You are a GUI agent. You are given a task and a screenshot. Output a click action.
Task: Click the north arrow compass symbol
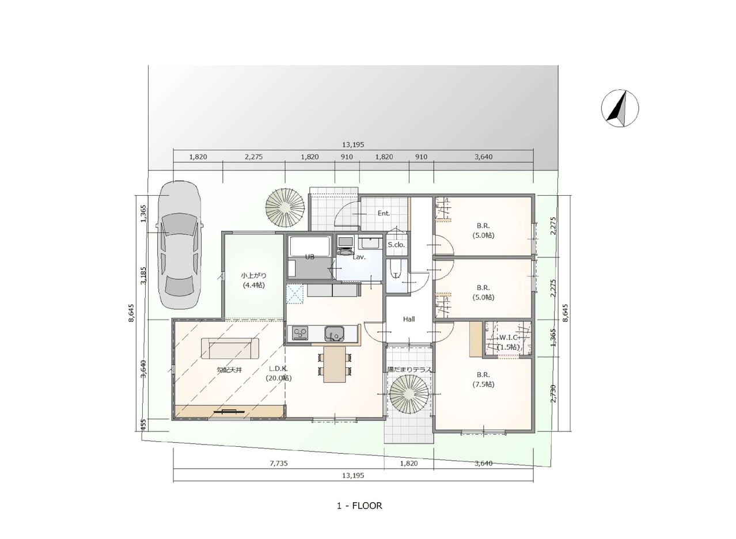(x=620, y=108)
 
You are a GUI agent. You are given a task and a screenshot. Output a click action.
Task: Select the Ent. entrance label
(x=384, y=213)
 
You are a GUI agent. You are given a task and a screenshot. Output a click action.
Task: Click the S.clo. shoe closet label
(x=396, y=245)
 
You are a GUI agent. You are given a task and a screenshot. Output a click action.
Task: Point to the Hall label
(x=409, y=319)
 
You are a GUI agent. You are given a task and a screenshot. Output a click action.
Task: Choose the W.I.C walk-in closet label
(x=509, y=337)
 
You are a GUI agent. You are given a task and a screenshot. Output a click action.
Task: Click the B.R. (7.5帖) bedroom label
(x=483, y=379)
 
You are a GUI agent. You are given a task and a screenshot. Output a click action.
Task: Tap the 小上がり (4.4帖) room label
(x=253, y=280)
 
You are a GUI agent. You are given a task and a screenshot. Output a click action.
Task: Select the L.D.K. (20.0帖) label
(x=279, y=373)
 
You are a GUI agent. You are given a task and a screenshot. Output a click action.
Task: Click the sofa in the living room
(x=230, y=348)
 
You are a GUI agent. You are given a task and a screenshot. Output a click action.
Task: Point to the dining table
(x=335, y=365)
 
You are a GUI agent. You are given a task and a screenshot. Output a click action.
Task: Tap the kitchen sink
(x=335, y=334)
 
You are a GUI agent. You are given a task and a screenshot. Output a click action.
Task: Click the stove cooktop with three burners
(x=300, y=333)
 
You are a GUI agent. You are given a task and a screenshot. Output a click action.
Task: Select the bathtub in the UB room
(x=309, y=246)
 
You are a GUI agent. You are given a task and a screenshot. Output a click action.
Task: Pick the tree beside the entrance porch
(x=285, y=208)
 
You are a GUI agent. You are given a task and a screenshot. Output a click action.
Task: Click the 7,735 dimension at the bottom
(x=279, y=463)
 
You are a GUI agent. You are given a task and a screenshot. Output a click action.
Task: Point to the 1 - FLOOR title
(x=359, y=506)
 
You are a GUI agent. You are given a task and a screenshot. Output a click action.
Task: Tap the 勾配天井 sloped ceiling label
(x=229, y=370)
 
